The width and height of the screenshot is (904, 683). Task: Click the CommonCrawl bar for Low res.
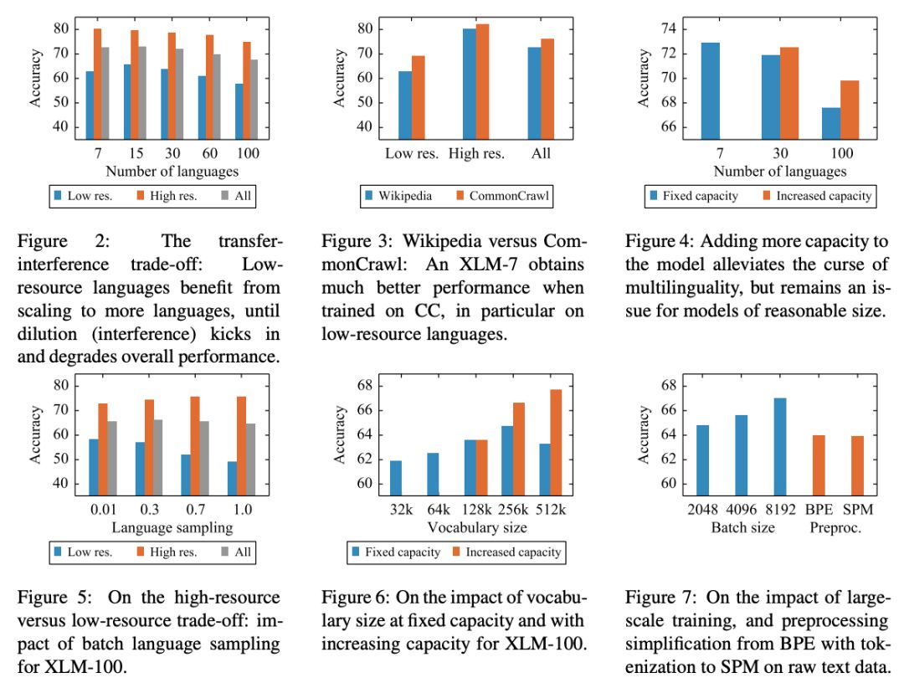point(418,97)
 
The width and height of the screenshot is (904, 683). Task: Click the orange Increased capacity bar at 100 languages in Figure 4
point(849,109)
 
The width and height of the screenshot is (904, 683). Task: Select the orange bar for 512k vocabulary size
point(556,443)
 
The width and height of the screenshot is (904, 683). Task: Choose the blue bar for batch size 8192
point(780,448)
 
